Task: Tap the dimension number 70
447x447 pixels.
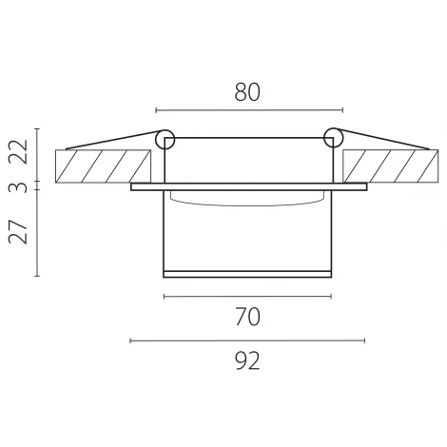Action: [246, 316]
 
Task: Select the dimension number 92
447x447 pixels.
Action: [246, 360]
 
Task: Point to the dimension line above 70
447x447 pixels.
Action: [246, 297]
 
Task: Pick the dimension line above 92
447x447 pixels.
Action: [246, 340]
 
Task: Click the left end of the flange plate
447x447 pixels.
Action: [133, 187]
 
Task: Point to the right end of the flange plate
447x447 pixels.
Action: [361, 187]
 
